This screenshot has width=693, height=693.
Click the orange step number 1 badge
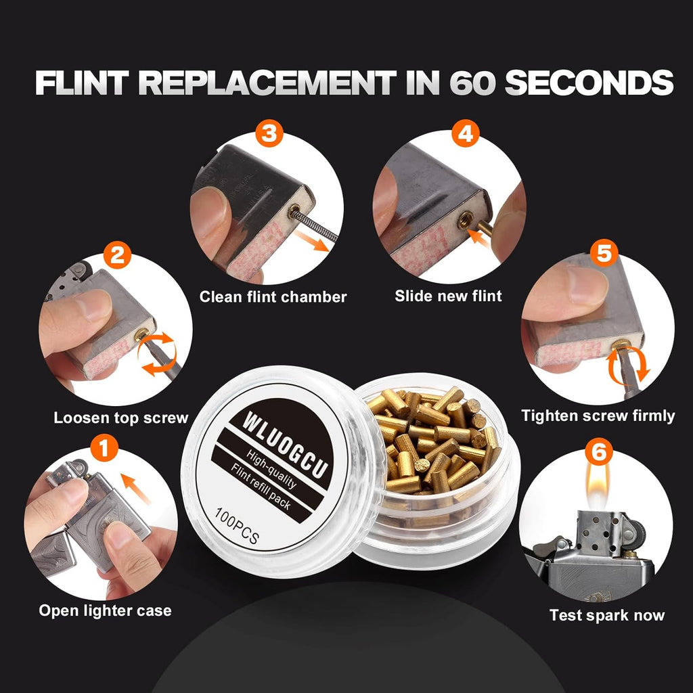pos(104,448)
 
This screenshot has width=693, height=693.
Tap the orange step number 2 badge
pos(117,255)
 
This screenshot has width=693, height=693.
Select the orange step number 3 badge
pos(269,133)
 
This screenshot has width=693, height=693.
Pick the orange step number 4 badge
pos(466,133)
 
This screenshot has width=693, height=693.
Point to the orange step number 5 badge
pos(604,253)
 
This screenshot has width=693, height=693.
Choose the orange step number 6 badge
pos(599,451)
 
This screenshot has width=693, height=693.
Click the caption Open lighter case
pos(105,610)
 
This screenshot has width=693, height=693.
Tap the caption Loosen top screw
pos(121,418)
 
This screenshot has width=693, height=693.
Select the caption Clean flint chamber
pos(273,296)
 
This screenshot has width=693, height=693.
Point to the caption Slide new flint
pos(448,296)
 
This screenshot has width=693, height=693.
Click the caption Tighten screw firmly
pos(598,416)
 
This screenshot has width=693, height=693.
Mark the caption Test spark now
pos(607,615)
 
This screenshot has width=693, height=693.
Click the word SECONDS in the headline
pos(589,83)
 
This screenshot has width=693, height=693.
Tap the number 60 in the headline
pos(472,83)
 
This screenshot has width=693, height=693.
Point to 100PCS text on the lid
pos(236,525)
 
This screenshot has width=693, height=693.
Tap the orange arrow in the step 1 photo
pos(135,489)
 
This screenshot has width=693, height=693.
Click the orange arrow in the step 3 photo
pos(313,240)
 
